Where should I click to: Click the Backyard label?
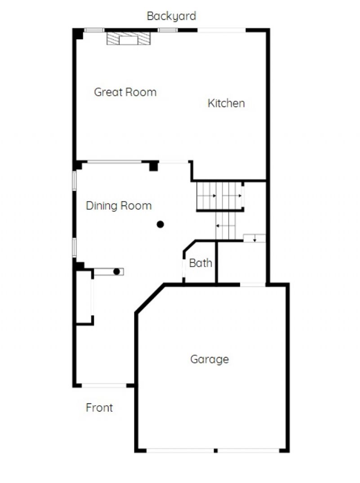pos(171,16)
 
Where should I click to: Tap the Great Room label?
pos(125,92)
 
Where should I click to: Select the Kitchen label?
pos(226,103)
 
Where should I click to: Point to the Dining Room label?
pos(119,206)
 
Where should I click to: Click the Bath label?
pos(201,263)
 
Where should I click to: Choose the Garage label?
pos(210,359)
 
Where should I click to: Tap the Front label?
pos(99,407)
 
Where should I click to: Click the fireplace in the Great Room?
pos(129,38)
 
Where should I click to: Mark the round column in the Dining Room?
pos(160,224)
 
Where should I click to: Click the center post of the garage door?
pos(216,451)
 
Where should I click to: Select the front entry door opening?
pos(104,385)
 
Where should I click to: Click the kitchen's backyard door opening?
pos(221,30)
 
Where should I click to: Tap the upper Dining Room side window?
pos(74,180)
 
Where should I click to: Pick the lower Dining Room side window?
pos(74,247)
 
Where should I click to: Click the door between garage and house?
pos(253,285)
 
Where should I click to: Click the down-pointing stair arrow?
pos(255,238)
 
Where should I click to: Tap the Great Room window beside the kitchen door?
pos(168,30)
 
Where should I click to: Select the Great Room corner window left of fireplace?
pos(94,30)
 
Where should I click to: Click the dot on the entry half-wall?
pos(117,272)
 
